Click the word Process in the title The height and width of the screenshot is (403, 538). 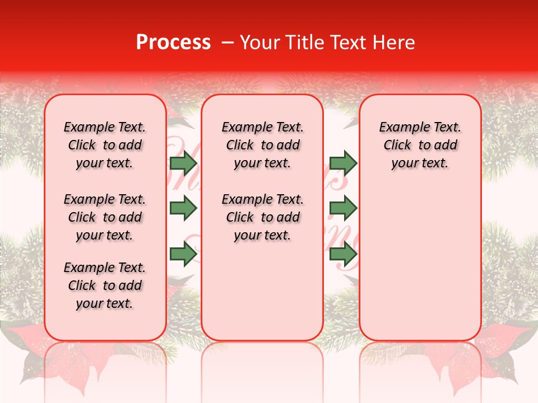tap(173, 43)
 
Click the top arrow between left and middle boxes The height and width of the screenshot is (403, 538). tap(183, 163)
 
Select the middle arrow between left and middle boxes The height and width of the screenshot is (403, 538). tap(183, 208)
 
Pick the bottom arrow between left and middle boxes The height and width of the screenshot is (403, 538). tap(183, 254)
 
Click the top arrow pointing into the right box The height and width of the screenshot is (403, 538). tap(343, 163)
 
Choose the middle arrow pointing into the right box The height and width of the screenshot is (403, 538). tap(343, 208)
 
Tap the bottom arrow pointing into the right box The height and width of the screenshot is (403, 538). tap(343, 254)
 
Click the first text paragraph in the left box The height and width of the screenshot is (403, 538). tap(104, 145)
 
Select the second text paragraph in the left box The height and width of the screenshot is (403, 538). tap(104, 217)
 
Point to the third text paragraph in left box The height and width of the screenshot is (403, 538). tap(104, 285)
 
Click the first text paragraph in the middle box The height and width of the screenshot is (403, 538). tap(262, 145)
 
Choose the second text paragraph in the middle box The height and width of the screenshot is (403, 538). tap(262, 217)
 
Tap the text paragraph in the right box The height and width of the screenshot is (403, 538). tap(420, 145)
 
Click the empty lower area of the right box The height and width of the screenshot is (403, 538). tap(420, 263)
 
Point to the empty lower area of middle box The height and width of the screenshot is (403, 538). tap(262, 291)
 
